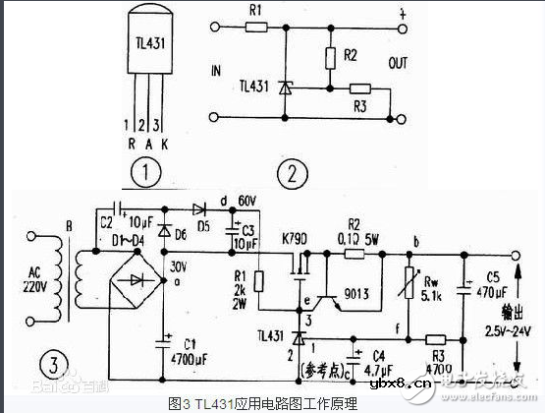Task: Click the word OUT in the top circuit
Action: (x=398, y=65)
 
